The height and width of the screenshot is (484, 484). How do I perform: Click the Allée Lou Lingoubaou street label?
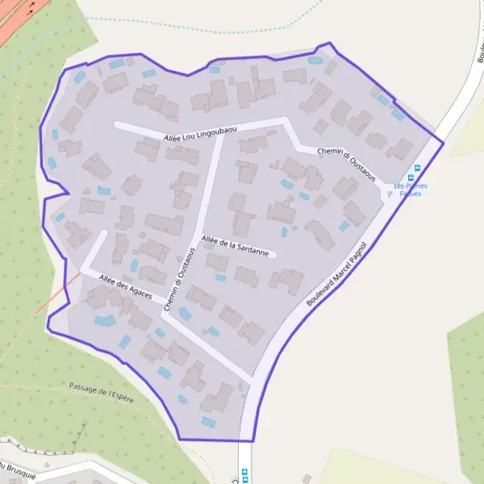[199, 131]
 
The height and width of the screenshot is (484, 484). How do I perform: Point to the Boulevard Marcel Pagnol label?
[337, 273]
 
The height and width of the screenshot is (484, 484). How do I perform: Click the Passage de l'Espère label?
[102, 393]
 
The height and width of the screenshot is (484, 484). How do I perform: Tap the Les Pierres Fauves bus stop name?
[411, 190]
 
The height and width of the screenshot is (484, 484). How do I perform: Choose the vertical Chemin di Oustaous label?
[179, 279]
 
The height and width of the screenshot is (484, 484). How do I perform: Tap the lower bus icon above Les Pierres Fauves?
[411, 177]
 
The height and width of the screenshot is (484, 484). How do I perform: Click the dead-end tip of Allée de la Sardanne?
[275, 256]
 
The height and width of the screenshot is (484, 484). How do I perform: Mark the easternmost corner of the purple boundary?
[444, 142]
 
